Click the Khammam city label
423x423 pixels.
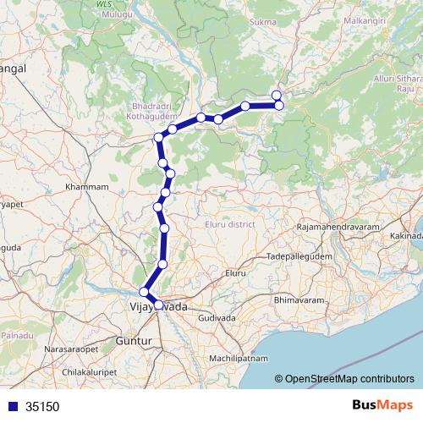pos(88,186)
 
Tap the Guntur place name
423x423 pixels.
pos(135,341)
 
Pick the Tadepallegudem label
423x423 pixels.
pos(301,255)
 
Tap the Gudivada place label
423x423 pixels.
pos(217,317)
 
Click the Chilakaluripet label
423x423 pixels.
pos(91,371)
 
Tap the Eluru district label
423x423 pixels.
pos(229,224)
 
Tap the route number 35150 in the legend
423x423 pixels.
pos(42,406)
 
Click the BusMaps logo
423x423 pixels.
pos(382,406)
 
